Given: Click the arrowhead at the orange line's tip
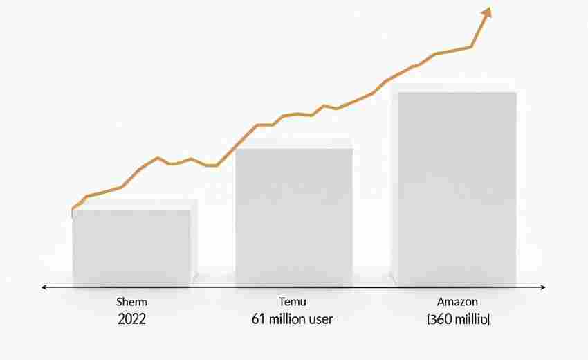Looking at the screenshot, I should (x=487, y=12).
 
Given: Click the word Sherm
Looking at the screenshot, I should (x=133, y=303).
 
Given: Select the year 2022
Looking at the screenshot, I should (x=133, y=319).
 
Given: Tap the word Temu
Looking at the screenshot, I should (x=292, y=303).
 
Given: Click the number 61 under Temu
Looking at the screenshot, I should (x=257, y=319).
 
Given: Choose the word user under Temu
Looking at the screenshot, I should (x=321, y=319).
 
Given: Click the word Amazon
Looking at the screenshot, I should (x=457, y=303).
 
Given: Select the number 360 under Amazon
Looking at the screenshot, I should (x=443, y=319).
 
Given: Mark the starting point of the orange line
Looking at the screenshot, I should (x=73, y=209).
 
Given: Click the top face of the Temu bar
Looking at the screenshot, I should (x=294, y=143).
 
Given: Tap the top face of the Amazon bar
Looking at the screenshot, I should (x=455, y=88).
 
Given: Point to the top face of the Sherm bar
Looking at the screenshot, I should (x=133, y=206).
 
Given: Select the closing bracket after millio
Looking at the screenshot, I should (x=488, y=319).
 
